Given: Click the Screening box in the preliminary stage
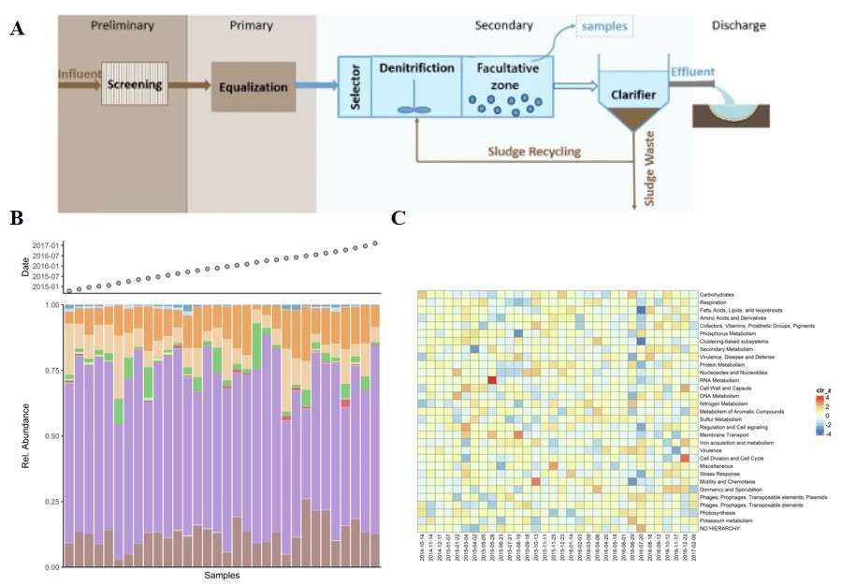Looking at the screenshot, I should pyautogui.click(x=133, y=86).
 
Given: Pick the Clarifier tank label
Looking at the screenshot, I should pyautogui.click(x=641, y=95).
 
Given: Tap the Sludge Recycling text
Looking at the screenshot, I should pyautogui.click(x=527, y=152).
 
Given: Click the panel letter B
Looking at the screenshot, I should pyautogui.click(x=16, y=218).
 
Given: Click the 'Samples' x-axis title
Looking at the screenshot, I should pyautogui.click(x=222, y=576).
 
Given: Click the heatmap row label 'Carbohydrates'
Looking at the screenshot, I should pyautogui.click(x=722, y=295).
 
